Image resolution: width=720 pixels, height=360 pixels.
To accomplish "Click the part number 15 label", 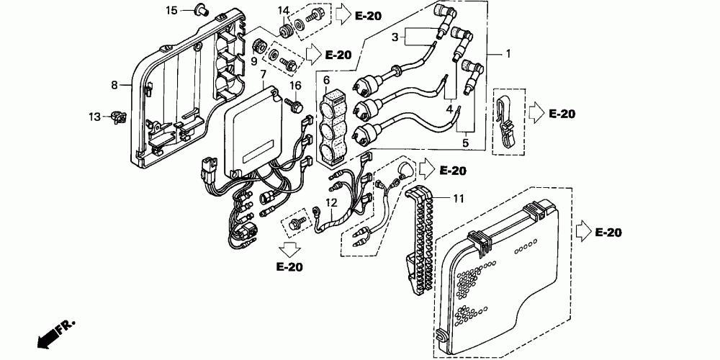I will (171, 10).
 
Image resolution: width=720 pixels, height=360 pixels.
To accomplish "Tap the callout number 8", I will (114, 85).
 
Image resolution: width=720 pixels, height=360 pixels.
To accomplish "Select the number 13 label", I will (95, 117).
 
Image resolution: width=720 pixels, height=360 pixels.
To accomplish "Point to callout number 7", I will (264, 74).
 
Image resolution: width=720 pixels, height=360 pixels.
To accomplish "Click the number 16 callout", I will (295, 86).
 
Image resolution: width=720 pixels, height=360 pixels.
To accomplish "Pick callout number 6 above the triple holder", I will (326, 80).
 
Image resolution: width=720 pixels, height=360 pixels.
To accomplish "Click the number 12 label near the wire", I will (330, 203).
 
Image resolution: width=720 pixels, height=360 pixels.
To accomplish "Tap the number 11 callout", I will (459, 197).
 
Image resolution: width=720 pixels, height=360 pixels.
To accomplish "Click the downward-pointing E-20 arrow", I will (289, 250).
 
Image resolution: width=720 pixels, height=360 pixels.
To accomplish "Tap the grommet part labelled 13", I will (115, 117).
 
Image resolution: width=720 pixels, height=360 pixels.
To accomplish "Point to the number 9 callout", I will (253, 61).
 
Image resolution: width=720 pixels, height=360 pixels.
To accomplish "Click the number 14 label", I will (284, 11).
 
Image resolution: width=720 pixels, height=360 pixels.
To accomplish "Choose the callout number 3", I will (395, 36).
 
